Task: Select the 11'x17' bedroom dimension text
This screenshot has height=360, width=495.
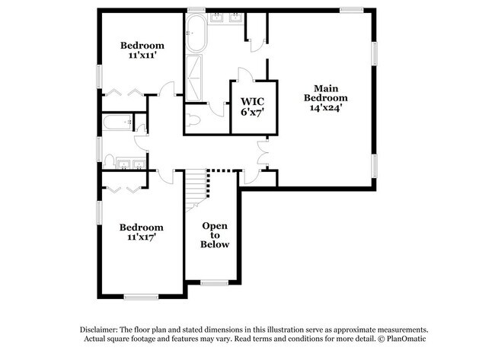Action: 142,237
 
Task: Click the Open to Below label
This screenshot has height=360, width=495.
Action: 215,235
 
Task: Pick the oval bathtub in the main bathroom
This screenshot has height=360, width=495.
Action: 194,35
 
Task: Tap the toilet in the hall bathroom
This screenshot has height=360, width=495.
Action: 110,161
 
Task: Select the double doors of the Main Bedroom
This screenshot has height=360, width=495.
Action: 263,153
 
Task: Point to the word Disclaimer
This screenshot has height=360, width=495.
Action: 104,329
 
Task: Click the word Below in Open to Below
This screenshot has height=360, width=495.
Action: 215,244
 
